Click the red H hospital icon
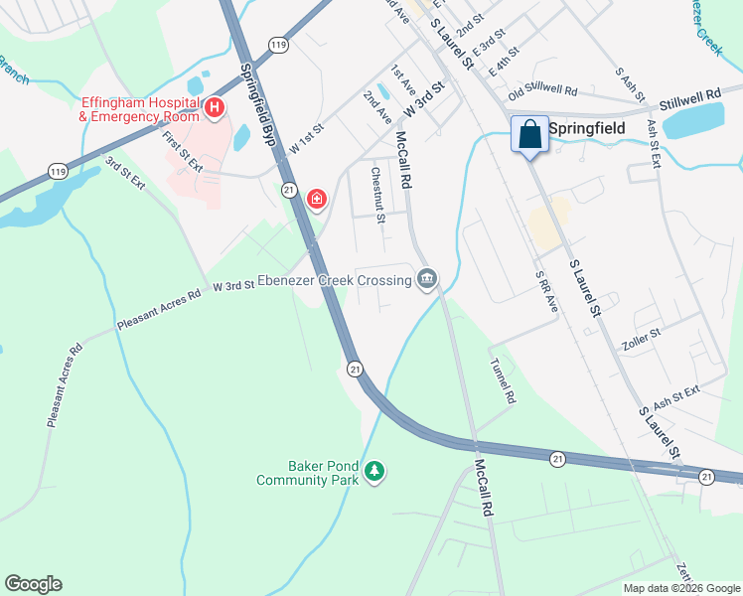point(214,106)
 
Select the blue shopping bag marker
point(529,134)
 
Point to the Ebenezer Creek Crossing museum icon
point(427,280)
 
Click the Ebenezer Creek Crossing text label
point(335,281)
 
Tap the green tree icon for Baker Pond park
point(374,469)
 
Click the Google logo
point(33,584)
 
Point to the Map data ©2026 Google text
point(680,588)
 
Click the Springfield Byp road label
point(253,107)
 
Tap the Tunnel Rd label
point(504,380)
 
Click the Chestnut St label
point(377,194)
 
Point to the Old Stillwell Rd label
point(542,92)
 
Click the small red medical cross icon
point(316,200)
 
